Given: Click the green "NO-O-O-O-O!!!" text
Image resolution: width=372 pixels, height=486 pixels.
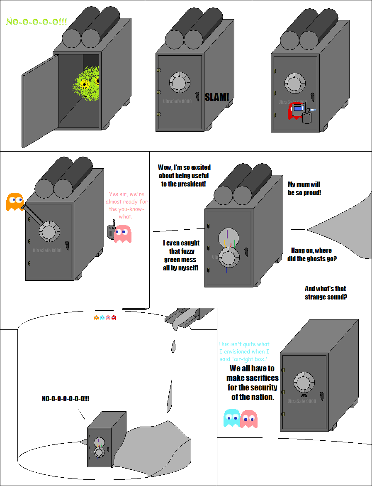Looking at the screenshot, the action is (36, 22).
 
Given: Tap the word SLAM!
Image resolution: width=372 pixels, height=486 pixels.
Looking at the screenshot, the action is (217, 97).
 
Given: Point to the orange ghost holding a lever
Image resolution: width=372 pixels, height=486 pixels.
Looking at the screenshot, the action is (14, 201).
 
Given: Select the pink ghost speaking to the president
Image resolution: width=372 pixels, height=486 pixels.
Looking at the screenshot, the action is (123, 233).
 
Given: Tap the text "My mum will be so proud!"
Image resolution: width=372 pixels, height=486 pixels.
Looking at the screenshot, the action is (304, 189).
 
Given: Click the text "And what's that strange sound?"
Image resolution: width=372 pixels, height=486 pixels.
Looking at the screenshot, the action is (326, 292).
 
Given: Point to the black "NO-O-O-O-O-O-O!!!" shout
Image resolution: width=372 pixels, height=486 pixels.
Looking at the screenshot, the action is (66, 399).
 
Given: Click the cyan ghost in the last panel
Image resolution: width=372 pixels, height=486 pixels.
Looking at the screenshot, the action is (232, 418).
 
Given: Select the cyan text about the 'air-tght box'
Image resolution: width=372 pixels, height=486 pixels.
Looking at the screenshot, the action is (244, 351).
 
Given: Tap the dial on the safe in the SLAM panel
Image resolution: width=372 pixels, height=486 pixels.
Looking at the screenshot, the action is (180, 83).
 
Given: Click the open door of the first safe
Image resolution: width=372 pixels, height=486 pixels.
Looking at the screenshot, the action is (40, 101).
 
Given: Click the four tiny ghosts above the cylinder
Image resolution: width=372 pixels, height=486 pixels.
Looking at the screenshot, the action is (105, 317).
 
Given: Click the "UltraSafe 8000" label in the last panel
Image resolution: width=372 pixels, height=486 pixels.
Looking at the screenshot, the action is (302, 401).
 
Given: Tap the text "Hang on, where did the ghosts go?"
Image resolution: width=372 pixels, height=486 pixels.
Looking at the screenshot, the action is (311, 255).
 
